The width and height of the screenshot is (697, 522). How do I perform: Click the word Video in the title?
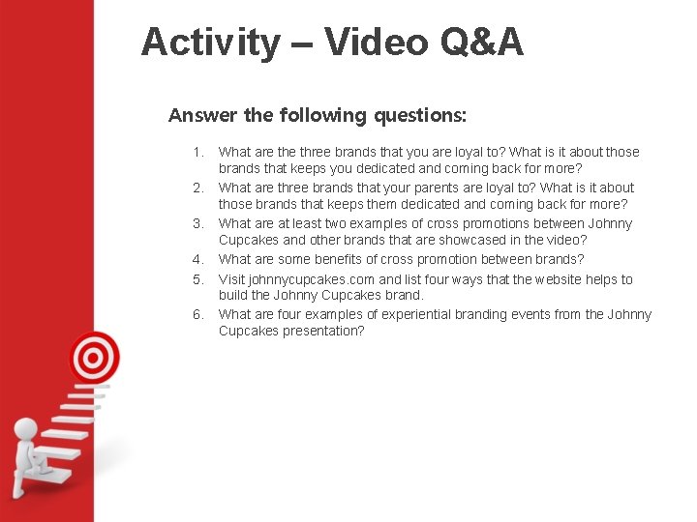click(x=375, y=43)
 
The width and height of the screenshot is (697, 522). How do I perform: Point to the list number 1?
click(x=198, y=152)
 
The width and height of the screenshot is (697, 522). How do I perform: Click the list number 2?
click(x=198, y=188)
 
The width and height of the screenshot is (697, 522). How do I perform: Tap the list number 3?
click(x=198, y=223)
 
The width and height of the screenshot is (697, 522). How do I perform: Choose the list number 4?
click(x=198, y=259)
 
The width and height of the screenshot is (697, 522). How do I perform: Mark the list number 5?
click(x=198, y=279)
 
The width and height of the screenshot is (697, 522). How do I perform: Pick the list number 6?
click(x=198, y=314)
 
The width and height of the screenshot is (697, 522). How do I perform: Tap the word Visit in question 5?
click(x=231, y=279)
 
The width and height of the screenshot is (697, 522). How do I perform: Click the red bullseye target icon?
click(x=92, y=358)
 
